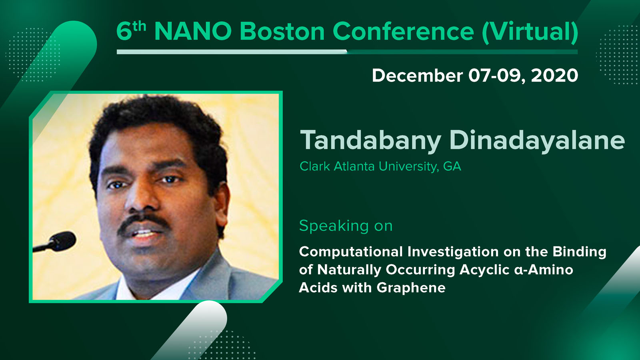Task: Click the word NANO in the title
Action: tap(193, 31)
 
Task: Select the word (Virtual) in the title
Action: tap(530, 32)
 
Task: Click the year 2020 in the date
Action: tap(554, 76)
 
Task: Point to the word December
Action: tap(417, 76)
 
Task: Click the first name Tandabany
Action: tap(370, 140)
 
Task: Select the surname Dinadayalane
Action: tap(537, 140)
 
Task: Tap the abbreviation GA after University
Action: tap(452, 166)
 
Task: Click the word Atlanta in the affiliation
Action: tap(354, 166)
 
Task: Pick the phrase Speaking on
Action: tap(346, 226)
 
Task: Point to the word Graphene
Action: tap(411, 288)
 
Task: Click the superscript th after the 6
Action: tap(139, 27)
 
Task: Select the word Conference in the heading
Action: tap(403, 31)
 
